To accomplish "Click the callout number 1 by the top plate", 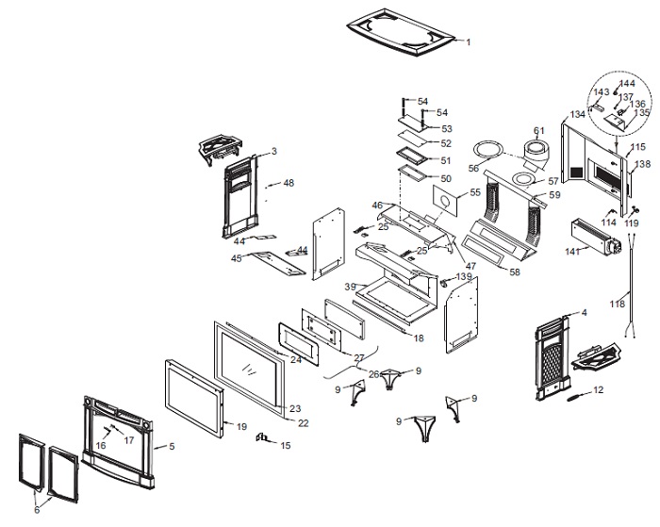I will pos(469,42).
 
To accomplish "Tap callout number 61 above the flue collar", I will pos(539,130).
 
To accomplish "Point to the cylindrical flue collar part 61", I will pos(538,152).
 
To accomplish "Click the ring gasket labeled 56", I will pos(487,149).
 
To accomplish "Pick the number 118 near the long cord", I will pos(617,304).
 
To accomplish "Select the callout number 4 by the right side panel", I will pos(584,312).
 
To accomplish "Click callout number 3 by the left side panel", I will pos(273,151).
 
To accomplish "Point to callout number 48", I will pos(289,182).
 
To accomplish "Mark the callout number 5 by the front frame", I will pos(171,445).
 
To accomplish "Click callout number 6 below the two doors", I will pos(38,510).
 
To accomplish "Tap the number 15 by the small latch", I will pos(286,446).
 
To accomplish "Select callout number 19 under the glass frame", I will pos(240,426).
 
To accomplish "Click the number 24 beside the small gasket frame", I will pos(295,359).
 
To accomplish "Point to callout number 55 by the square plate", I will pos(475,192).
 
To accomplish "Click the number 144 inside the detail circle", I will pos(626,84).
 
